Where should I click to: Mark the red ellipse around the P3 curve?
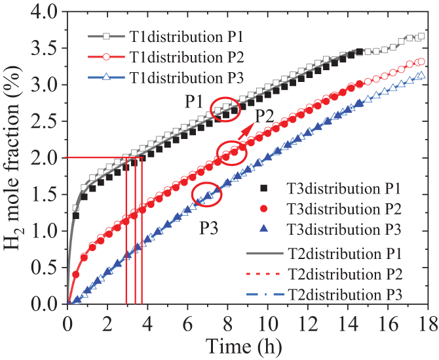point(207,194)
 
